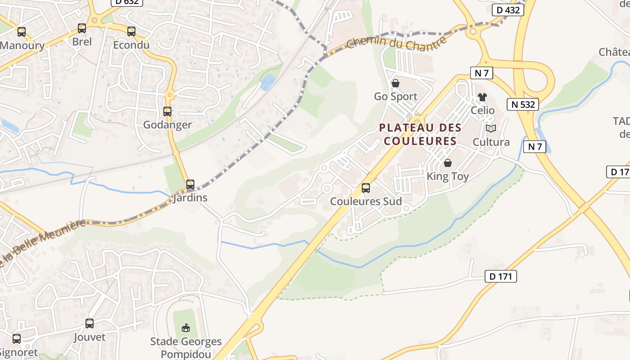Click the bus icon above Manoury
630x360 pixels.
point(21,32)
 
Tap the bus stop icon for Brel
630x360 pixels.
point(81,28)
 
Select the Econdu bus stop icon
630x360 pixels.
point(131,31)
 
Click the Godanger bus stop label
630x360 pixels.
point(167,125)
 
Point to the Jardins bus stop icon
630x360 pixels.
point(190,184)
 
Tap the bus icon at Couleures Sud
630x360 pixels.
point(366,188)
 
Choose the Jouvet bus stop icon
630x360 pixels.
point(90,323)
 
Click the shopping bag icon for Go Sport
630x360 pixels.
point(396,83)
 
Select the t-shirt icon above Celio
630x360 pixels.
point(482,97)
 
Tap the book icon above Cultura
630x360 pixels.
point(491,129)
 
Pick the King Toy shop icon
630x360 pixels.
point(447,163)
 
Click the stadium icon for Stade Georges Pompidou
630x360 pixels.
point(185,328)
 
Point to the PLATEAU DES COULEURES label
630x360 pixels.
point(420,134)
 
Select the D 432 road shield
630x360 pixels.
point(508,10)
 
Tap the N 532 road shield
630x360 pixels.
point(523,104)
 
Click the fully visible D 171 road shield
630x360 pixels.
point(500,276)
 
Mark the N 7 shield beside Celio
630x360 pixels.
point(481,72)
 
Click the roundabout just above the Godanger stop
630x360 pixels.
point(169,94)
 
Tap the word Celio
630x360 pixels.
point(482,110)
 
